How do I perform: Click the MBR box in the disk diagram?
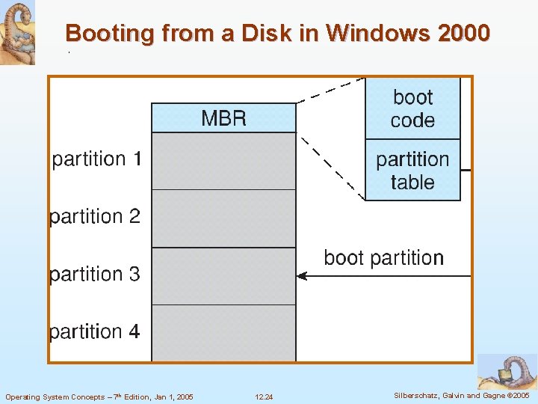pyautogui.click(x=223, y=118)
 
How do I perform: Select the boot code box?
pyautogui.click(x=412, y=108)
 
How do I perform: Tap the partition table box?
pyautogui.click(x=412, y=171)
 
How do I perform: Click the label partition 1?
pyautogui.click(x=96, y=159)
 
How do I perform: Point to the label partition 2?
pyautogui.click(x=95, y=216)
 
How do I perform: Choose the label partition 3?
pyautogui.click(x=95, y=274)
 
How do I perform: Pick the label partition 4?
pyautogui.click(x=95, y=331)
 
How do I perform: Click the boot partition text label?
pyautogui.click(x=383, y=258)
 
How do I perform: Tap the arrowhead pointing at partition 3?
pyautogui.click(x=301, y=276)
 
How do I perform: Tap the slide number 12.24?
pyautogui.click(x=264, y=397)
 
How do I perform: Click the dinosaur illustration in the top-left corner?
pyautogui.click(x=17, y=31)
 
